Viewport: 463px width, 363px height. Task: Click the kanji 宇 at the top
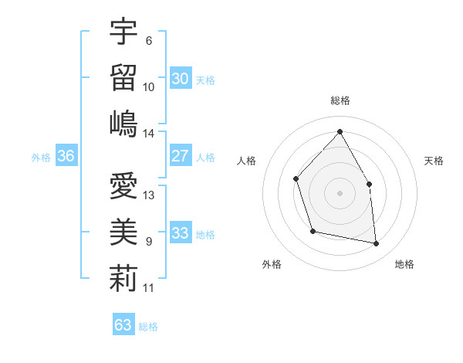click(x=123, y=32)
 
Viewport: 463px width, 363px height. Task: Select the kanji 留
click(x=123, y=77)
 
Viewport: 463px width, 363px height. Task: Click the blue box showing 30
click(x=180, y=78)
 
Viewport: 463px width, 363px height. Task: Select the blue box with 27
click(x=180, y=156)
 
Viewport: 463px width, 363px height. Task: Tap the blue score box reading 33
click(x=180, y=233)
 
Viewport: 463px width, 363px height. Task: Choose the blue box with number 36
click(x=66, y=156)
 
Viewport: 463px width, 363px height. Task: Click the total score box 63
click(x=123, y=325)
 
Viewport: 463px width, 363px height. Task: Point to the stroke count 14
click(x=149, y=133)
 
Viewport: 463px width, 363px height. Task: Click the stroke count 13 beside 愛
click(x=149, y=195)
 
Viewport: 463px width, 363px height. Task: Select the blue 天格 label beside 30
click(x=205, y=80)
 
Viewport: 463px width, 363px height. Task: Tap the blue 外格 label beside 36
click(x=41, y=158)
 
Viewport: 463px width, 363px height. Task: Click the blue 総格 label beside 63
click(x=148, y=327)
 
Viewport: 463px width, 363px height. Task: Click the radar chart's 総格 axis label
click(x=340, y=100)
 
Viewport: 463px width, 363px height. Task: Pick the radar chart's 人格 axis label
click(x=247, y=161)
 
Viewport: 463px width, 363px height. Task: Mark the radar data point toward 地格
click(x=377, y=244)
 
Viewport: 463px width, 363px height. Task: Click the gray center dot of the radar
click(x=340, y=192)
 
